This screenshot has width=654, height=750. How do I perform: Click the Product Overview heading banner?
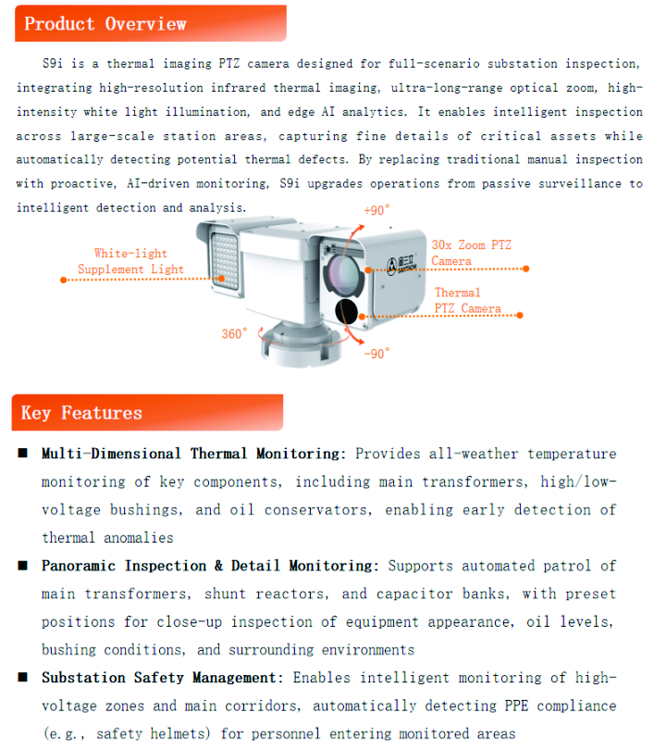148,23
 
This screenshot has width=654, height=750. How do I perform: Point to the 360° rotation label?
234,333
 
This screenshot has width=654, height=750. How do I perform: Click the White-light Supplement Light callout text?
130,261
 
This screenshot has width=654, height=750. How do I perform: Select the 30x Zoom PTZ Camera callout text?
470,253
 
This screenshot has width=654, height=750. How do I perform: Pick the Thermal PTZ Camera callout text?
467,301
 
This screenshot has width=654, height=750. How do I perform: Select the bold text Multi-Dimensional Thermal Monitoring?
193,454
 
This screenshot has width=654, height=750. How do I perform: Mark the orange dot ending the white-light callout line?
61,279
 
